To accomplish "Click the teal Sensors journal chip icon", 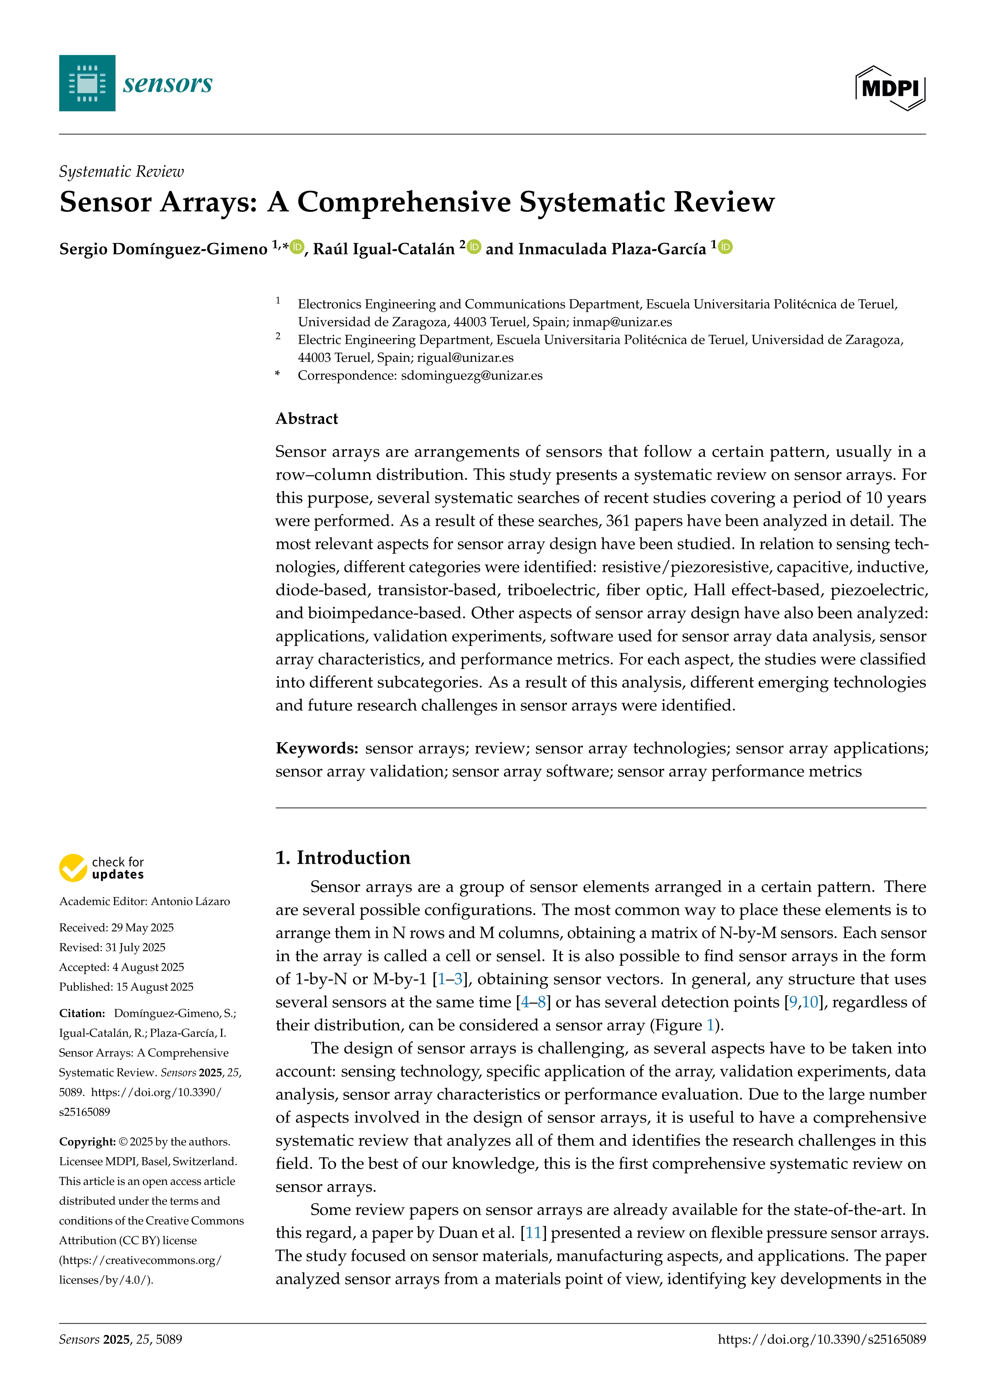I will pyautogui.click(x=87, y=83).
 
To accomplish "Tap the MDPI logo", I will pyautogui.click(x=890, y=88).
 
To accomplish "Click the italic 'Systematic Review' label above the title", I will pyautogui.click(x=121, y=172).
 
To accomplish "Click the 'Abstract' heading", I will pyautogui.click(x=307, y=418).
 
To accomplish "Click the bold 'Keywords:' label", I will pyautogui.click(x=317, y=748).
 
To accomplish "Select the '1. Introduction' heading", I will pyautogui.click(x=343, y=857).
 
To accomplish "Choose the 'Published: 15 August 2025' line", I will pyautogui.click(x=126, y=987).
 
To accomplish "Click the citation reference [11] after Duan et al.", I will pyautogui.click(x=534, y=1233).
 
